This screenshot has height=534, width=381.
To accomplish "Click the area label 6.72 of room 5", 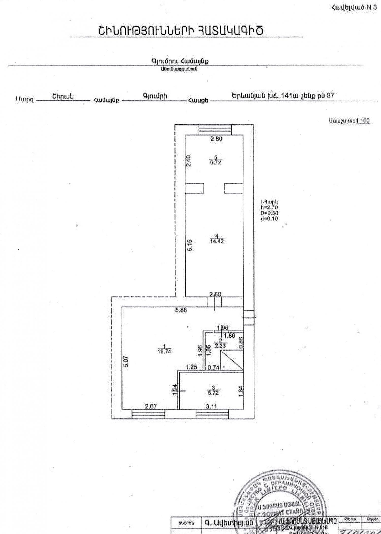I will (216, 163).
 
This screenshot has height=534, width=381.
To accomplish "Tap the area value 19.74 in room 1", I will (164, 351).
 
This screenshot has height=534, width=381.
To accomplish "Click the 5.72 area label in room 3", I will (213, 393).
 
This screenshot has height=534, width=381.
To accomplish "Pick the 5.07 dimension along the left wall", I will (127, 361).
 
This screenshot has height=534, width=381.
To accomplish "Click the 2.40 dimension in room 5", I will (188, 161).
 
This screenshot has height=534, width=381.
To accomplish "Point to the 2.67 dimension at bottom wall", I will (151, 406).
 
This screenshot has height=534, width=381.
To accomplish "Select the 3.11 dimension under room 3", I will (211, 406).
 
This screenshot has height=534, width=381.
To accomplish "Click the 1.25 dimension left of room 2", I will (191, 367).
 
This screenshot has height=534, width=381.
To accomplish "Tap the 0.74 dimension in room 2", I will (213, 367).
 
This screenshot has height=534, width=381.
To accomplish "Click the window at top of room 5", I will (215, 130).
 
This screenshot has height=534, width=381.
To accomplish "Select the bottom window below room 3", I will (212, 415).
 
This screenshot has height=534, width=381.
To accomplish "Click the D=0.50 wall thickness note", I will (269, 213).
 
